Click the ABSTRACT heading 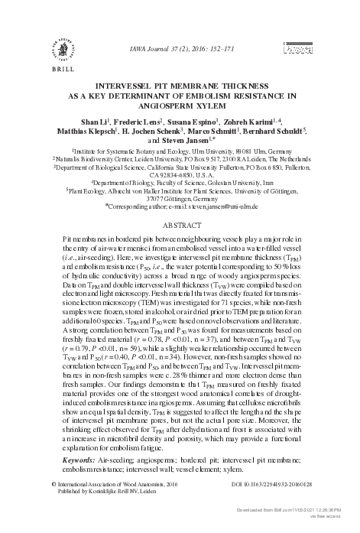(181, 226)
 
